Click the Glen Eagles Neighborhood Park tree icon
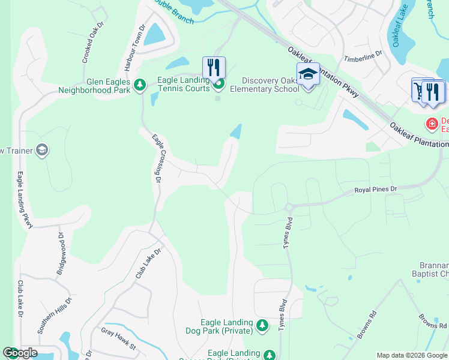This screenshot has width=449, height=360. [x=140, y=85]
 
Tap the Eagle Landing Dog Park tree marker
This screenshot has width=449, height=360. [x=262, y=325]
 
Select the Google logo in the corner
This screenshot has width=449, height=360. [x=20, y=353]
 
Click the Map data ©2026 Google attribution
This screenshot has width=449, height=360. [x=411, y=355]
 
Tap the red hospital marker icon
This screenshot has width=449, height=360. [x=431, y=124]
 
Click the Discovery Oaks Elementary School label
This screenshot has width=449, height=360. [x=270, y=85]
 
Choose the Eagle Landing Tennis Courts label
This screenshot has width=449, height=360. [x=183, y=84]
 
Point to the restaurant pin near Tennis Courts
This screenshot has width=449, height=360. [x=214, y=68]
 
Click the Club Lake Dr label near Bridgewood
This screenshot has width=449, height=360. [x=20, y=299]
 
